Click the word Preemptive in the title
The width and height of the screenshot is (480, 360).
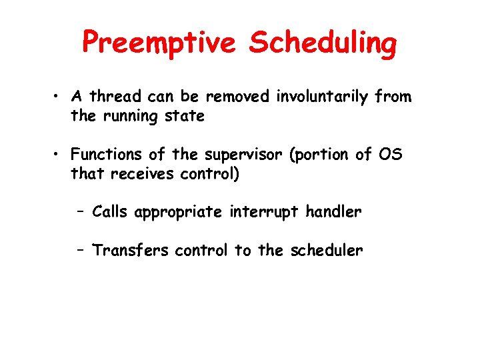(161, 43)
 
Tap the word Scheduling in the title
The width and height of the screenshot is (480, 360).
(323, 43)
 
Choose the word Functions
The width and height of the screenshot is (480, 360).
(107, 155)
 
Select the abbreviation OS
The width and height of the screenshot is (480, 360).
(389, 155)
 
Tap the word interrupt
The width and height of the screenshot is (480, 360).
(265, 213)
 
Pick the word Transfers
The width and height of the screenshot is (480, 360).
(131, 251)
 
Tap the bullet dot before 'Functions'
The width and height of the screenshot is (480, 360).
(59, 155)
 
